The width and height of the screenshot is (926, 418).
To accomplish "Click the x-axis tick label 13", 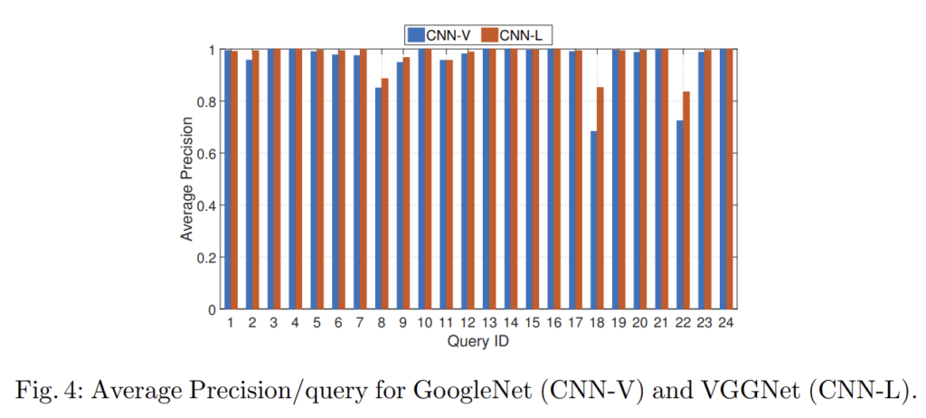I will point(489,324).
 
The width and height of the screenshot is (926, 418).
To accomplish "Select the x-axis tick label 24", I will point(725,324).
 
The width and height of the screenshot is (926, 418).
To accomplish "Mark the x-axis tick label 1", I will point(231,324).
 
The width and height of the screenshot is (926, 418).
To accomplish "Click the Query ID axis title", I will point(477,342).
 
